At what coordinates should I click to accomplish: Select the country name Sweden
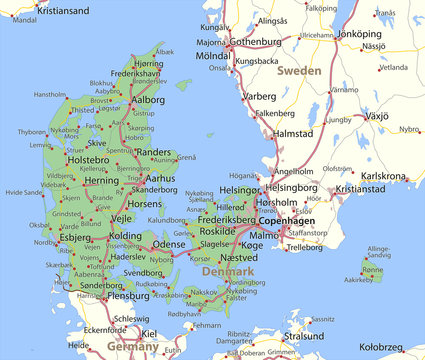[299, 71]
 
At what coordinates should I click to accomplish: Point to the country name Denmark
[228, 271]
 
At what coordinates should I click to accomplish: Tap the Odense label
[169, 243]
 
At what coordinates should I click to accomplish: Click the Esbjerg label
[75, 238]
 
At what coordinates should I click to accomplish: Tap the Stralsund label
[304, 336]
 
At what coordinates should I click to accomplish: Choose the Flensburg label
[127, 296]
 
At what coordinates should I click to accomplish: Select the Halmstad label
[293, 133]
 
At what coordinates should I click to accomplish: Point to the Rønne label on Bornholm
[371, 269]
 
